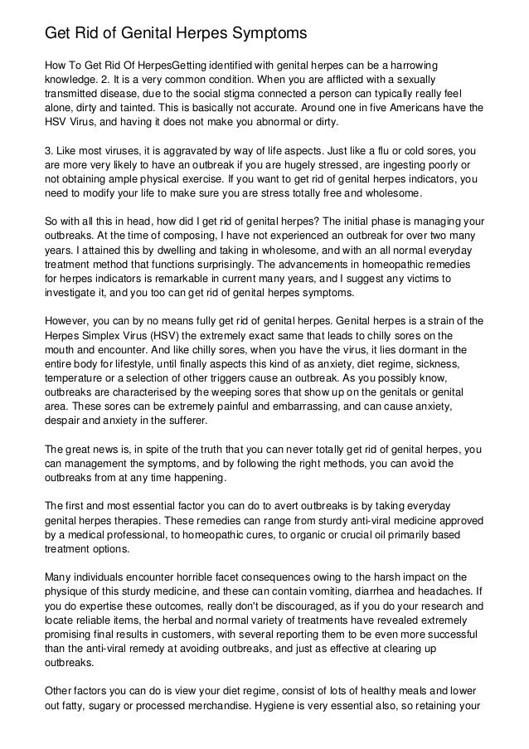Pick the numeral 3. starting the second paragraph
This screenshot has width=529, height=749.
49,152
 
